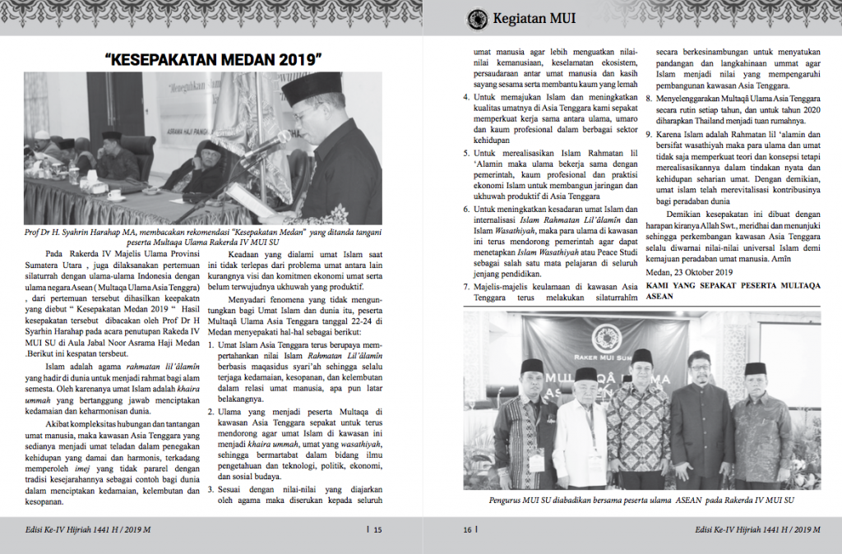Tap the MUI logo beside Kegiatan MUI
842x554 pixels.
tap(477, 19)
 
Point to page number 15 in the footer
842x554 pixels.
tap(377, 530)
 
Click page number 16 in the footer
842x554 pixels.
tap(467, 530)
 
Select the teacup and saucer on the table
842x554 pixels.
tap(114, 195)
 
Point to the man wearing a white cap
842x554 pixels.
tap(585, 377)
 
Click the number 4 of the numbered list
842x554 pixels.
tap(465, 96)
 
